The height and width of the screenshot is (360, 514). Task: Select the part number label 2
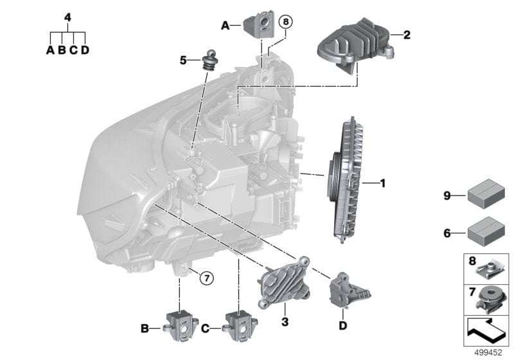405,35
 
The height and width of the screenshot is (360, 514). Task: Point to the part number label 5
183,60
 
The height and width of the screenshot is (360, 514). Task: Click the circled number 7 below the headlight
205,278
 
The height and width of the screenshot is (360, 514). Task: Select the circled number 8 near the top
285,22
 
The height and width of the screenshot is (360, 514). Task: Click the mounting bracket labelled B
181,323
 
